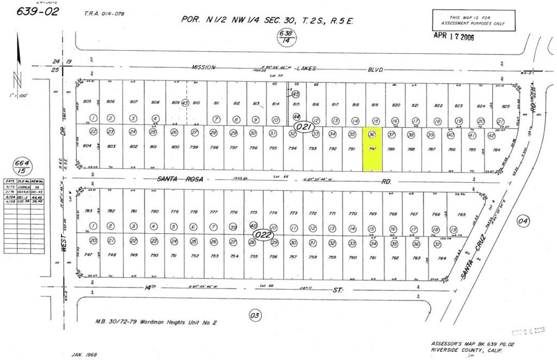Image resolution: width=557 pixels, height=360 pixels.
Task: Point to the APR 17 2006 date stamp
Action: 454,35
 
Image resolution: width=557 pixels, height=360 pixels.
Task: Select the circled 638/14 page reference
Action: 285,36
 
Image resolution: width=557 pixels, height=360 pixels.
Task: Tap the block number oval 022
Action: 263,235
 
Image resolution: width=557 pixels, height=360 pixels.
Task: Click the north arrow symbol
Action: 18,60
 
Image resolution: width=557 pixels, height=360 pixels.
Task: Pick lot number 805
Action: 88,102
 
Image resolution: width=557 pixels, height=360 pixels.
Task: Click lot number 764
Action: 442,258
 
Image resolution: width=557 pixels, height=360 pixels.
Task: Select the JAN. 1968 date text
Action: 84,355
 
